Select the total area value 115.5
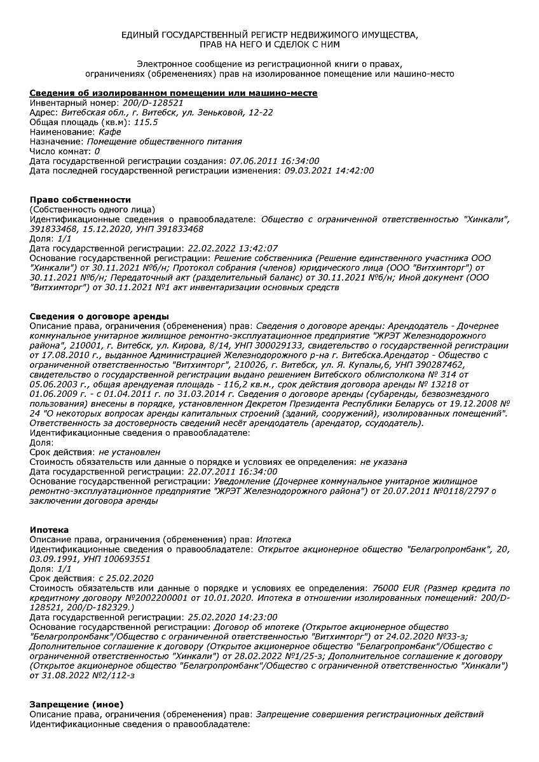point(146,122)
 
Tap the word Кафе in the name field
point(110,131)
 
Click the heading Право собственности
point(81,199)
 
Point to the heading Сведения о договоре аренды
point(100,316)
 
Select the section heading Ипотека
point(50,530)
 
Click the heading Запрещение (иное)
point(77,704)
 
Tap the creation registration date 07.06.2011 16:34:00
point(275,161)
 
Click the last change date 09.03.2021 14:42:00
point(329,170)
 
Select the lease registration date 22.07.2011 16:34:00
point(233,471)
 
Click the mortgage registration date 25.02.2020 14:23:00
point(233,617)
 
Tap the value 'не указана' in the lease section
point(383,462)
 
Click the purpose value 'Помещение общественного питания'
point(164,142)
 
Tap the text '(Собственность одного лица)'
point(93,209)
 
